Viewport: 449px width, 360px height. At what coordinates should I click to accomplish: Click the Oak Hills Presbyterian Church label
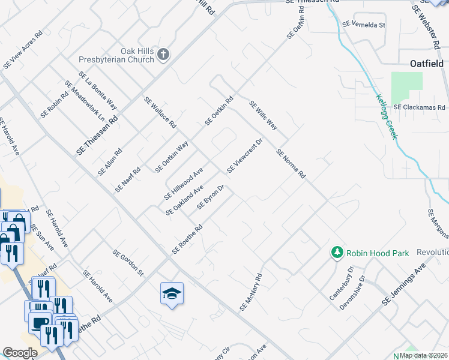click(x=117, y=55)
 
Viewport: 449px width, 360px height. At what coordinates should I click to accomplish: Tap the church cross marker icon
click(x=163, y=56)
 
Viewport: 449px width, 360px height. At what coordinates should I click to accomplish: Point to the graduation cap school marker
click(x=172, y=293)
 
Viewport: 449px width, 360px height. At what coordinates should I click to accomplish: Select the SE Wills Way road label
click(x=263, y=116)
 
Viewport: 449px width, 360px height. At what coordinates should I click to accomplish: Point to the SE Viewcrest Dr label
click(x=245, y=156)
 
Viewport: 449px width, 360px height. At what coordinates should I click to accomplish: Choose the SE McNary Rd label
click(x=251, y=292)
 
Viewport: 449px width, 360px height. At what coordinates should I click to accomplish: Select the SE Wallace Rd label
click(x=160, y=112)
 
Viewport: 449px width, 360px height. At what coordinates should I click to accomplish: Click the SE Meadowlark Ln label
click(x=88, y=103)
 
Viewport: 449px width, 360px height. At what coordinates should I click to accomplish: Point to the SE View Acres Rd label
click(x=23, y=51)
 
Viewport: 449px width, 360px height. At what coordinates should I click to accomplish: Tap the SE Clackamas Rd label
click(x=420, y=107)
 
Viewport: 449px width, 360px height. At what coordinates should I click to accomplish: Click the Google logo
click(x=20, y=353)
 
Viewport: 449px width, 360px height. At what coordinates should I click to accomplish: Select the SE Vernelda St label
click(x=363, y=25)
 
